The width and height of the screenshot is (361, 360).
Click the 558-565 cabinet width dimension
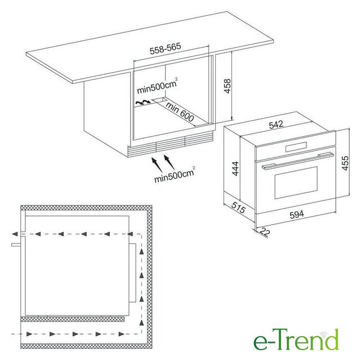(x=166, y=48)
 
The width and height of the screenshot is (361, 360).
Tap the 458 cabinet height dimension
(x=227, y=86)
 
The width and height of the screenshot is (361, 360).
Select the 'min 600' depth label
(x=180, y=112)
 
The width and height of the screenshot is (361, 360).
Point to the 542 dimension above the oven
(x=276, y=124)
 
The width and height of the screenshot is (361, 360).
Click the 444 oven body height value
(x=235, y=169)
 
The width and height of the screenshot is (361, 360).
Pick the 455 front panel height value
(x=345, y=163)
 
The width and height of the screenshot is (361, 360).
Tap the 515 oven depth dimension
(x=238, y=207)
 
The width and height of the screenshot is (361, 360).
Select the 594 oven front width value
(x=297, y=214)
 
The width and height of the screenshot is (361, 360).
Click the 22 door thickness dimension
(x=265, y=232)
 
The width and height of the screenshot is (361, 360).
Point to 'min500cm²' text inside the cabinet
(x=157, y=86)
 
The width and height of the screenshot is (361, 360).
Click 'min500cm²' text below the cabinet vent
(x=175, y=175)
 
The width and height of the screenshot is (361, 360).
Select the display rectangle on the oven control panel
(x=296, y=147)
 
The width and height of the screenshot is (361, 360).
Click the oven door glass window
(x=296, y=182)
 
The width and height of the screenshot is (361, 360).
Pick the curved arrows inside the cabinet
(x=142, y=102)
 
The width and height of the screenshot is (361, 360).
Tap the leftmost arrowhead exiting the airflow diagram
(x=15, y=234)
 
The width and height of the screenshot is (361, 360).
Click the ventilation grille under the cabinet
(x=171, y=144)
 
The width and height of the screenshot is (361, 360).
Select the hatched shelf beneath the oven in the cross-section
(x=73, y=318)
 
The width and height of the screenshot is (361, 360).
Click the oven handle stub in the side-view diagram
(x=16, y=245)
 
